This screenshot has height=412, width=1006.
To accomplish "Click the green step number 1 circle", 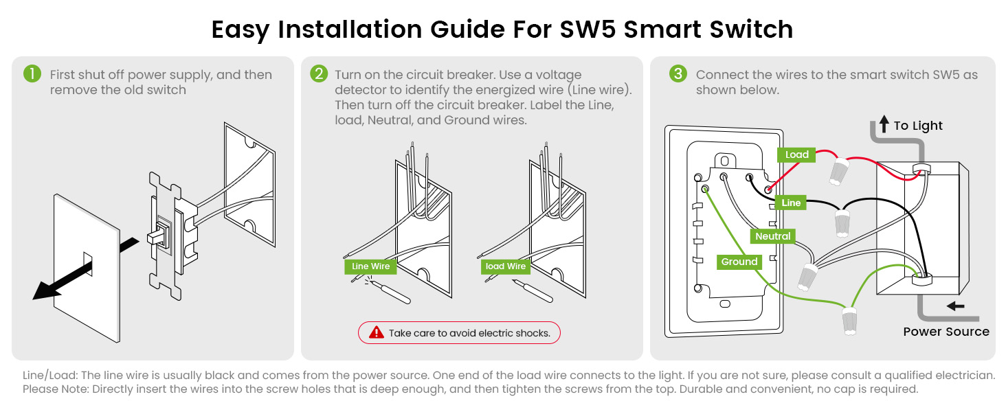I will pos(32,74).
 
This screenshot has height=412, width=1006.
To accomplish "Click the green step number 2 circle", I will pos(319,74).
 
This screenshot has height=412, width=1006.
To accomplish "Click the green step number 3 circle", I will pos(678,74).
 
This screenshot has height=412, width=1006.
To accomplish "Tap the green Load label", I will pos(796,154).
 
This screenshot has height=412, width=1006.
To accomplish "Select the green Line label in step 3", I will pos(791,203).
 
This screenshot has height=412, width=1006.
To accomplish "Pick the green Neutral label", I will pos(773,236).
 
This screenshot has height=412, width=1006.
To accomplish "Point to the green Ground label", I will pos(739,262).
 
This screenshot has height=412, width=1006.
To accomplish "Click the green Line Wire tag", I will pos(370,266).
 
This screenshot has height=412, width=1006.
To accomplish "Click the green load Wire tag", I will pos(505,266).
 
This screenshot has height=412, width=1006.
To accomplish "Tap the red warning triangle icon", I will pos(377,333).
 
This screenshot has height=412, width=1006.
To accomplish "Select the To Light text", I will pos(918,126).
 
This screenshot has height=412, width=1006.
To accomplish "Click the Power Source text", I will pos(946,332).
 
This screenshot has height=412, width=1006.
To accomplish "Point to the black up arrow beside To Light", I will pos(884,124).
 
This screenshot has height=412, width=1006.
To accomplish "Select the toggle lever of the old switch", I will pos(157,236).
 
